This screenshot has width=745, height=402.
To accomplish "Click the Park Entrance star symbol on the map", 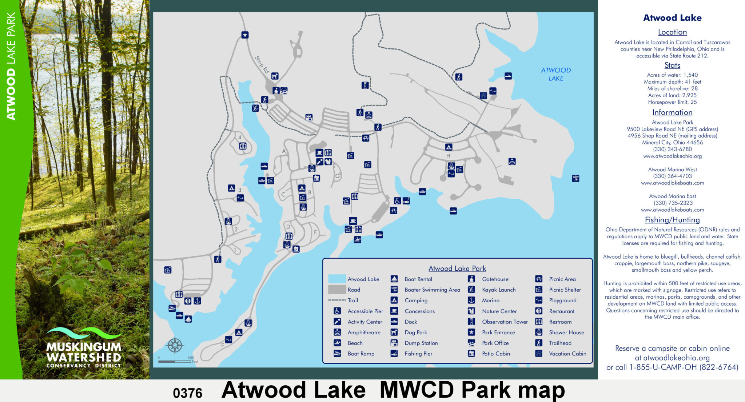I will click(245, 35).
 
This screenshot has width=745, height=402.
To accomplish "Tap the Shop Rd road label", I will click(262, 64).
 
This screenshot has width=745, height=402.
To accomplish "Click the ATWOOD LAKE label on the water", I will click(555, 74).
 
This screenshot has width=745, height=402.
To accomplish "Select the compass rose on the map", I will click(175, 345).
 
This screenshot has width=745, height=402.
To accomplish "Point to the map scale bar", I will click(175, 361).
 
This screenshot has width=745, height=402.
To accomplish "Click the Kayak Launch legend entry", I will click(498, 290).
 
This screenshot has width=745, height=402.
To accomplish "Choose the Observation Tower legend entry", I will click(505, 322).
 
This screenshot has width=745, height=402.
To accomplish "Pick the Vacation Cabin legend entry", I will click(567, 354).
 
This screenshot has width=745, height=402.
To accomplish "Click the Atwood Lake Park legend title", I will click(457, 268).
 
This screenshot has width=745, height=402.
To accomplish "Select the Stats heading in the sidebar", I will click(672, 65).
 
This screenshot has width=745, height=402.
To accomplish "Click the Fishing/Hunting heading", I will click(672, 220).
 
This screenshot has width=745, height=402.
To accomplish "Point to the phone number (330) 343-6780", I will click(672, 149).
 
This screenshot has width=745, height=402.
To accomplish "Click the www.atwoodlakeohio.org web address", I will click(672, 156).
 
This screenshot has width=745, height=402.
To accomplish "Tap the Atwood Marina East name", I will click(672, 196).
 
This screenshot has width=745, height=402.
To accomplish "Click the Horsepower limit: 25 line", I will click(672, 102).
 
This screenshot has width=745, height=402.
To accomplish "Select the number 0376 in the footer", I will click(187, 393).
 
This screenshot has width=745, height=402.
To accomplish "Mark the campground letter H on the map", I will click(448, 156).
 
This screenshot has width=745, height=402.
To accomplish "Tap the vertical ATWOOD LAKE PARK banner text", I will click(11, 65).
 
